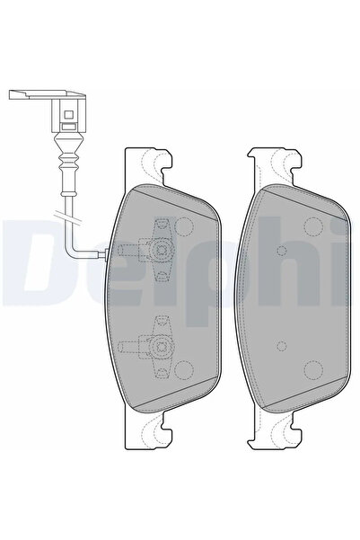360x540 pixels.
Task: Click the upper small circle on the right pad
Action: tap(282, 251)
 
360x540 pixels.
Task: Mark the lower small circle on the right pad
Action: tap(282, 344)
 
